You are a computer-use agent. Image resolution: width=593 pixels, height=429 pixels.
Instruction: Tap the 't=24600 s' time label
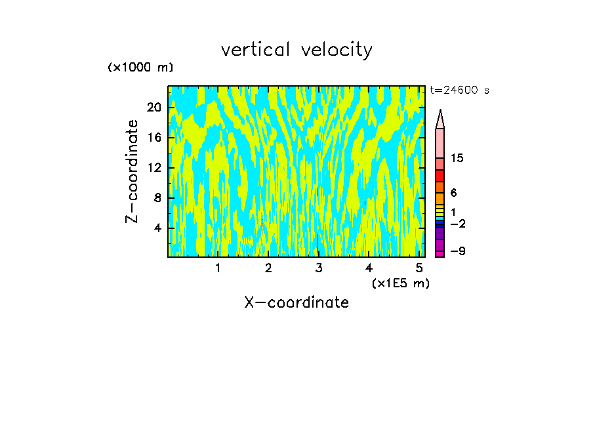460,91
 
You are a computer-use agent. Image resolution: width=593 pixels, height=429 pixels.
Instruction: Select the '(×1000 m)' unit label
140,68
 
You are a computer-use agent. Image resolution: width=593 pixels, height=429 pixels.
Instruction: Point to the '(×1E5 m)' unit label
400,283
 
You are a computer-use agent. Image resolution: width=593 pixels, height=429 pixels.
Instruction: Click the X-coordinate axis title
296,302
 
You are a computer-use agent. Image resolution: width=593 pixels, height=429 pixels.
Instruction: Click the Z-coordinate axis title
133,171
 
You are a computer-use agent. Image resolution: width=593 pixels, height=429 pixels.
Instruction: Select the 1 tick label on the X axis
218,268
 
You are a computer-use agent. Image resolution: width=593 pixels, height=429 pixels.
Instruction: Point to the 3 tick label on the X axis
319,268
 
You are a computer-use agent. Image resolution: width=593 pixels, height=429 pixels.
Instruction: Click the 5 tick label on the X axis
419,268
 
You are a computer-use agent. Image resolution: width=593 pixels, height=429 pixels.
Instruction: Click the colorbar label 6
453,193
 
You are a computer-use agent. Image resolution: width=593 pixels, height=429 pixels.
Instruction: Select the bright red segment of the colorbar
440,176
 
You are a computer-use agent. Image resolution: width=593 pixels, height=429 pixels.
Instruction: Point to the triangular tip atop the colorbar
440,119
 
